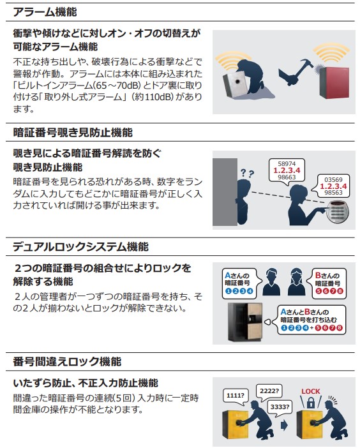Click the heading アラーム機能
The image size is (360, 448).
[45, 12]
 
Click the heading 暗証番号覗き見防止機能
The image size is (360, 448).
[73, 133]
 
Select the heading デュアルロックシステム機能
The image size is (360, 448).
[80, 247]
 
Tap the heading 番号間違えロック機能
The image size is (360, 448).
[67, 362]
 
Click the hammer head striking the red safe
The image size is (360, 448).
[308, 63]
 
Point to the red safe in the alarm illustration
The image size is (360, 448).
[334, 83]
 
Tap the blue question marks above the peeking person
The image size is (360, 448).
[248, 173]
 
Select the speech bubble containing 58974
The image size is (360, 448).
[287, 170]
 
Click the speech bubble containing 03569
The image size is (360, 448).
[333, 186]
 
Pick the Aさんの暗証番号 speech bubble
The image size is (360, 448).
[240, 283]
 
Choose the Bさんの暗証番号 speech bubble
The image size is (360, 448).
[327, 283]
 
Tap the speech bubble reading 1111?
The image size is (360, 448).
[236, 396]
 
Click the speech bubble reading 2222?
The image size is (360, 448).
[269, 391]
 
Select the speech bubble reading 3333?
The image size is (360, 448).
[280, 408]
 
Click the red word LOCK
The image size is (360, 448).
[311, 391]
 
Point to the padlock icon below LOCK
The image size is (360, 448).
[311, 403]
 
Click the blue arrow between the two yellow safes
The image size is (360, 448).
[284, 426]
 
